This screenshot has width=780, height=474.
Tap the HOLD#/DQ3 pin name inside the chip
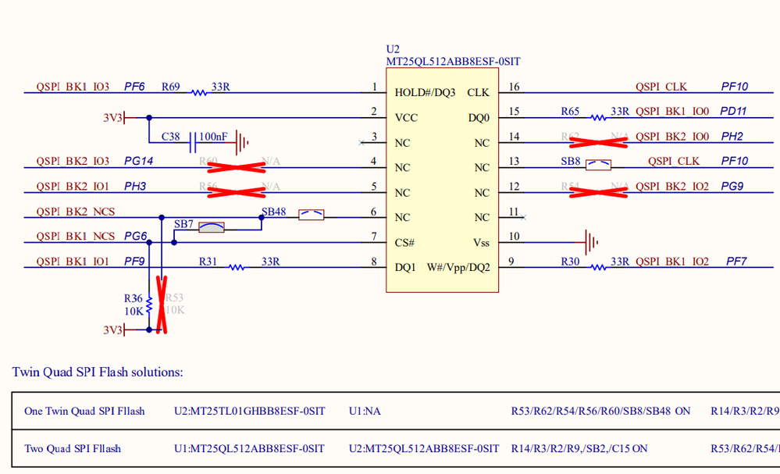(x=425, y=92)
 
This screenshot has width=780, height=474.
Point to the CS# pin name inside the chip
(x=404, y=242)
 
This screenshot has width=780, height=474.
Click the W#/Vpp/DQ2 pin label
(x=458, y=267)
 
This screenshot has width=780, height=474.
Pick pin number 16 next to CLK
(x=514, y=87)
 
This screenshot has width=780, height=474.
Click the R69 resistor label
(x=170, y=87)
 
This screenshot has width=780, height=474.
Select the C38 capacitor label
(x=170, y=137)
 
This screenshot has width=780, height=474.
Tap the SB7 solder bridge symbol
(x=212, y=227)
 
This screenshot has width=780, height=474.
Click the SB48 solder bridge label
(x=273, y=212)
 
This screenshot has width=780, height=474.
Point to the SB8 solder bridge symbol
(x=598, y=165)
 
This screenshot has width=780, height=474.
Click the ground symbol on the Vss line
(x=592, y=242)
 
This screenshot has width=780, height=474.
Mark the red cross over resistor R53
(x=162, y=305)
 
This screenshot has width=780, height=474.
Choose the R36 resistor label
(x=133, y=298)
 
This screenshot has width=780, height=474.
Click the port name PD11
(x=733, y=112)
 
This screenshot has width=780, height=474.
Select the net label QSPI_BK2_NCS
(x=75, y=212)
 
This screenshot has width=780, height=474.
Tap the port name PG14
(x=139, y=162)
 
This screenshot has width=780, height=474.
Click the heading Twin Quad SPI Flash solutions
(x=98, y=372)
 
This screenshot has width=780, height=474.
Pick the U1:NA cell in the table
(x=365, y=411)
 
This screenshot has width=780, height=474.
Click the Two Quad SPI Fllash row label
(x=73, y=448)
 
